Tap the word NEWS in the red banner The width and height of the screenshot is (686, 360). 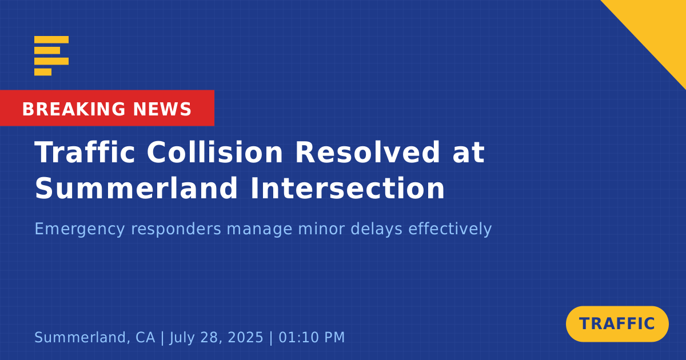[x=162, y=109]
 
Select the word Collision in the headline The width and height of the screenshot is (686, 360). [x=215, y=152]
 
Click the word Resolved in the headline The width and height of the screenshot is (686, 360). [x=368, y=152]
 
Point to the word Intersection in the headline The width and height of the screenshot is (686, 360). [x=348, y=187]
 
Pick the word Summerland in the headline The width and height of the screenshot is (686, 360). [x=136, y=187]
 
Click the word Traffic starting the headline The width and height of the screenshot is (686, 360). [x=85, y=152]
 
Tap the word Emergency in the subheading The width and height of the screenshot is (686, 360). [x=79, y=229]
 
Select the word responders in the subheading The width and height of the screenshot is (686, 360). [x=176, y=229]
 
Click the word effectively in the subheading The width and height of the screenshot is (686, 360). [x=450, y=229]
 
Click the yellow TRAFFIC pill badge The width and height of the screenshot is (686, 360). [x=617, y=324]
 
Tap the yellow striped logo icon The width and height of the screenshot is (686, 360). [x=51, y=56]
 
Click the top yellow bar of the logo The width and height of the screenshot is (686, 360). [x=51, y=39]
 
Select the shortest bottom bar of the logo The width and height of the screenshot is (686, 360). [x=43, y=72]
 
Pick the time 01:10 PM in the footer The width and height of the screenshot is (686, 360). [x=312, y=337]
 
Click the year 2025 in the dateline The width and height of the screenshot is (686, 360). [x=246, y=337]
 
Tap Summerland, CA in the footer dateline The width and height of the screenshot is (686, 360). [x=95, y=337]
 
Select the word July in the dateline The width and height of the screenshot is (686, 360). [x=182, y=338]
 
